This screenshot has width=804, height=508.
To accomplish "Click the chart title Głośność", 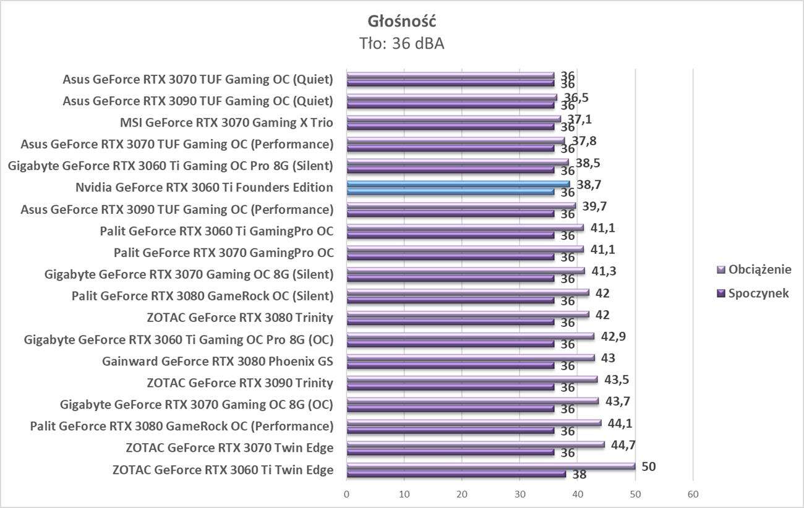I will [x=402, y=21].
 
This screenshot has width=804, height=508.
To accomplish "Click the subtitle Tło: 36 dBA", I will [x=402, y=43].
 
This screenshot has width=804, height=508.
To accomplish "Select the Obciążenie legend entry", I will [x=759, y=269].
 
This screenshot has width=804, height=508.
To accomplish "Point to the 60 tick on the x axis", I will [x=693, y=494].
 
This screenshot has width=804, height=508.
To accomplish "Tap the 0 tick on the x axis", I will [x=346, y=494].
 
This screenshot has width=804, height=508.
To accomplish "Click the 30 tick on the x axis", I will [x=520, y=494].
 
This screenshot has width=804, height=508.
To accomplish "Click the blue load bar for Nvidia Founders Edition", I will [x=458, y=184].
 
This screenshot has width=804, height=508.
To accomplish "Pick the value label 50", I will [x=648, y=466].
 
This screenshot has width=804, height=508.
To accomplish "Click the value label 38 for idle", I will [x=579, y=475].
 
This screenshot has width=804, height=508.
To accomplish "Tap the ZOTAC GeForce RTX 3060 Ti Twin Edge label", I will [x=223, y=470].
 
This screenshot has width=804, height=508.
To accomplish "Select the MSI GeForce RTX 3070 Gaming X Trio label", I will [x=226, y=123].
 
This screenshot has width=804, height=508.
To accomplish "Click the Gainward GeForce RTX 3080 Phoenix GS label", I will [x=218, y=362].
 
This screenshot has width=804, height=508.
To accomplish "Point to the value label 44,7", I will [x=621, y=444].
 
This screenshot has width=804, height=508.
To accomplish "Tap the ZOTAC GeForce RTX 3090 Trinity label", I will [x=240, y=383].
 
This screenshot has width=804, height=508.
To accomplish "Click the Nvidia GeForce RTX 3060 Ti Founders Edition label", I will [x=204, y=188].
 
